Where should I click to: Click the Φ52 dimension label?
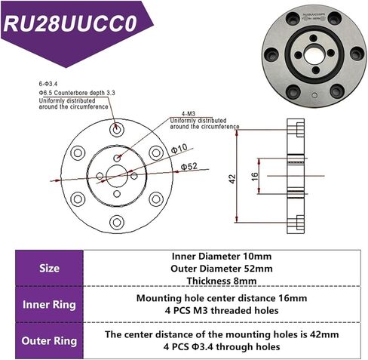(x=188, y=165)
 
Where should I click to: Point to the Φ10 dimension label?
(x=179, y=149)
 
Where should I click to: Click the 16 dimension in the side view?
(x=255, y=177)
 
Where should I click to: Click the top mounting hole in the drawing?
(x=116, y=131)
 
